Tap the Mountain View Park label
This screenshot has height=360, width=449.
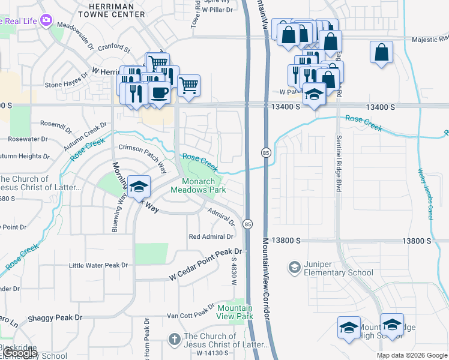[x=235, y=312]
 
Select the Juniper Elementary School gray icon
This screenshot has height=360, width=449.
[x=294, y=266]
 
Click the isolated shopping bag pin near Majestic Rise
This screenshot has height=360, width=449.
[x=381, y=52]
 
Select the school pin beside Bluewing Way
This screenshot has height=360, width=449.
[x=139, y=187]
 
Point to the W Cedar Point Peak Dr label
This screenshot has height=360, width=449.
[x=205, y=264]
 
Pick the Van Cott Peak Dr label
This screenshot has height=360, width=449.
[x=190, y=314]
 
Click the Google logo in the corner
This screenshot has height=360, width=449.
[x=19, y=353]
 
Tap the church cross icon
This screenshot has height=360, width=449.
[x=174, y=340]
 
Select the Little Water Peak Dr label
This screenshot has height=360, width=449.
[x=98, y=265]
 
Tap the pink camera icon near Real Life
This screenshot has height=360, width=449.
[x=44, y=20]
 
